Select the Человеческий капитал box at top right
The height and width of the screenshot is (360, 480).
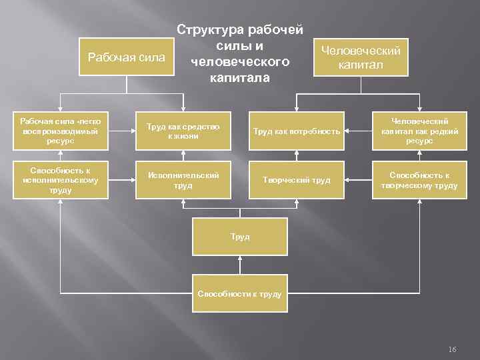[x=361, y=58]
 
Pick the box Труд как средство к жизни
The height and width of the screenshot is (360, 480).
[x=183, y=131]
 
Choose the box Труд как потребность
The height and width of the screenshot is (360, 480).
[x=296, y=131]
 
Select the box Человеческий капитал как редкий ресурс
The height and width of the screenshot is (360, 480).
[x=420, y=131]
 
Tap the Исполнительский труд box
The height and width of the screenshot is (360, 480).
[x=183, y=180]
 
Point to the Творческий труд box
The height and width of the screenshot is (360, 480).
[x=296, y=180]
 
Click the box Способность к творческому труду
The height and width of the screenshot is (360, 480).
[x=420, y=180]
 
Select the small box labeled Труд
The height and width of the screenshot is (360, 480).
[x=240, y=237]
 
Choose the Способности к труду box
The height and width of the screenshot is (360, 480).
[x=240, y=293]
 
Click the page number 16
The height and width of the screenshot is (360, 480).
[x=453, y=349]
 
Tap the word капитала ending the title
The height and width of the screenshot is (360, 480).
[x=239, y=78]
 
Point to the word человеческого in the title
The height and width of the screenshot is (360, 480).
[x=239, y=62]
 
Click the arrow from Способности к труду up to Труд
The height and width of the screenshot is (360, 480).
[x=240, y=265]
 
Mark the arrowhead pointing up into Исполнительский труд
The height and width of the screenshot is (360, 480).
[x=183, y=203]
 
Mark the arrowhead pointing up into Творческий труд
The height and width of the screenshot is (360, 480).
[x=296, y=203]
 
